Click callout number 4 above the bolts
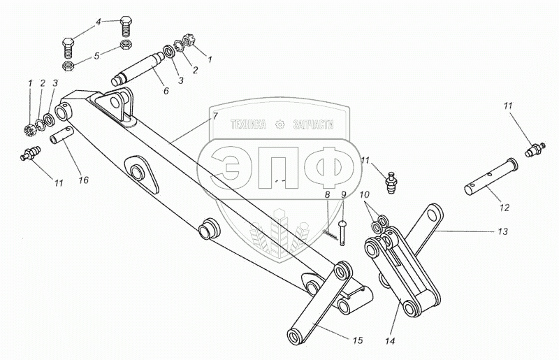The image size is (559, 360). point(99,22)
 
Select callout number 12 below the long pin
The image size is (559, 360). point(504,208)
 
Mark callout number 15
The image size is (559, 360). point(357,340)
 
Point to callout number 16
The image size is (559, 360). point(83,180)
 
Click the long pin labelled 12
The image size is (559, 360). point(490,179)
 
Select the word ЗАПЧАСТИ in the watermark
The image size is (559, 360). point(312,124)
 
